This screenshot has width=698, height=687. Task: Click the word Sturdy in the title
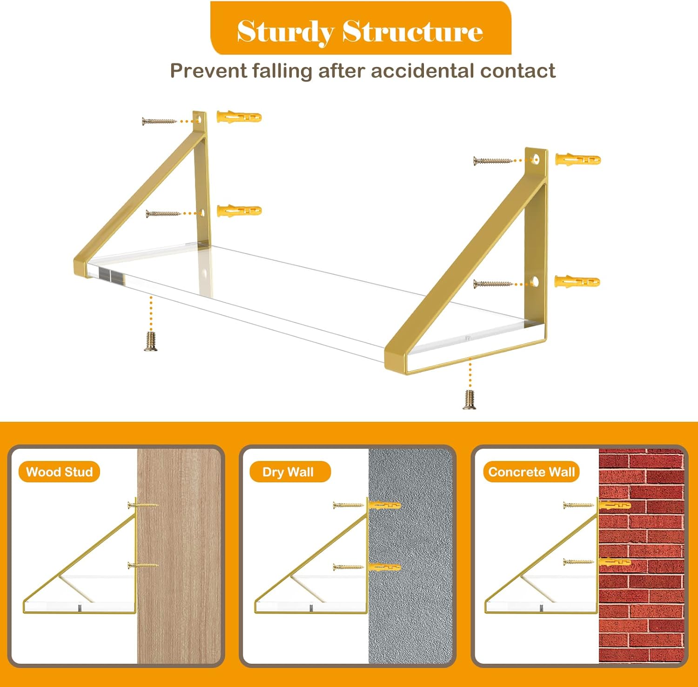pos(285,32)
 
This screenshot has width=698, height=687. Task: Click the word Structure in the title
pos(413,31)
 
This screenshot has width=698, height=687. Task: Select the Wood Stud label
pos(59,472)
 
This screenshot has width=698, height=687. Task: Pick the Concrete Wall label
pos(531,472)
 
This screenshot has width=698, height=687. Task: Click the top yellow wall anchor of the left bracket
pos(239,116)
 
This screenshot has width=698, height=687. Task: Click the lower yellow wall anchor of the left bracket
pos(239,211)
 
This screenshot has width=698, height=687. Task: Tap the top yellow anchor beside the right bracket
pos(577,160)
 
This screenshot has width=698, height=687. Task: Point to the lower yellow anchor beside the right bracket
pos(577,281)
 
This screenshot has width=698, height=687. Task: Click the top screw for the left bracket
pos(159,121)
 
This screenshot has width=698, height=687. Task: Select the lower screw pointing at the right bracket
pos(493,284)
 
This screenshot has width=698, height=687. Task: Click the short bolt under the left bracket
pos(151,341)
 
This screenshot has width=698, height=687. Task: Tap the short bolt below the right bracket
pos(470,400)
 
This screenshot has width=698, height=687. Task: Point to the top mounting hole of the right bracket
pos(536,160)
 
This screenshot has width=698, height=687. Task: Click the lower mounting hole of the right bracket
pos(535,281)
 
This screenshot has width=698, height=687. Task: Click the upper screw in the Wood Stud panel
pos(143,505)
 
